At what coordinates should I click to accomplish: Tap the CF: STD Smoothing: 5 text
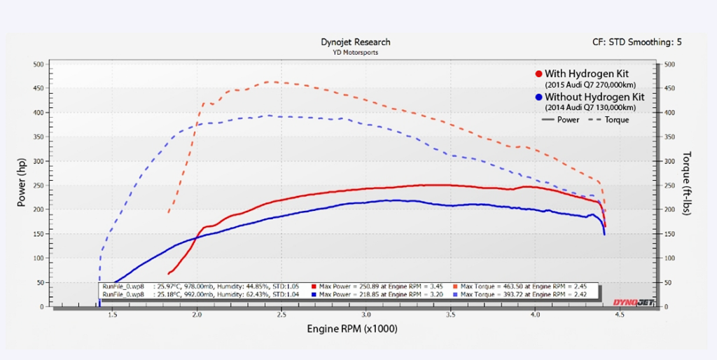pos(636,42)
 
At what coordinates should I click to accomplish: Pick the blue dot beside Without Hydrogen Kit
pos(538,97)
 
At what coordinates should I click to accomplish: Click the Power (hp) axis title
pos(22,184)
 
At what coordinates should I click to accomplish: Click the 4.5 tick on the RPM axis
pos(620,315)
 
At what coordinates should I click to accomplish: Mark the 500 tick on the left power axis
pos(39,64)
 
